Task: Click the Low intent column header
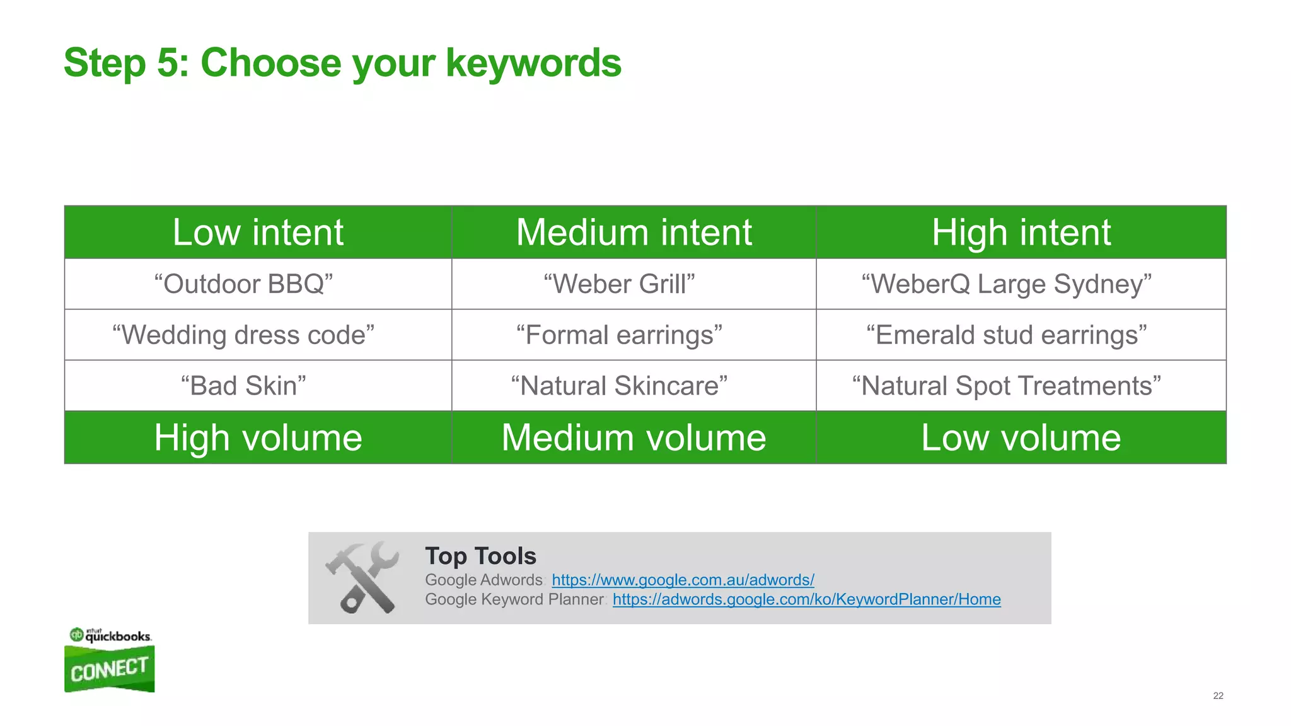tap(258, 233)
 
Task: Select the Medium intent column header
tap(634, 233)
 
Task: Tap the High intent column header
tap(1021, 233)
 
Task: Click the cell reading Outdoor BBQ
tap(243, 284)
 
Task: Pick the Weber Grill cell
tap(619, 284)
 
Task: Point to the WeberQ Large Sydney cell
tap(1006, 284)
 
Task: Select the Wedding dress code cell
tap(243, 335)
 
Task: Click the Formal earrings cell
tap(619, 335)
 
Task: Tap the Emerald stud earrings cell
tap(1006, 335)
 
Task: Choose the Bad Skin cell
tap(243, 386)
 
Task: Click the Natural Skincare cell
tap(619, 386)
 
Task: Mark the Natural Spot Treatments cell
tap(1006, 386)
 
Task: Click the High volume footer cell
tap(258, 438)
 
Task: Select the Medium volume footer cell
tap(634, 438)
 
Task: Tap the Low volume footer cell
tap(1021, 438)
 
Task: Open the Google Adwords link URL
tap(683, 580)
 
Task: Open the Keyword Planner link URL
tap(806, 599)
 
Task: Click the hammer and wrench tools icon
tap(363, 577)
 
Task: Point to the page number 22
tap(1218, 696)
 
